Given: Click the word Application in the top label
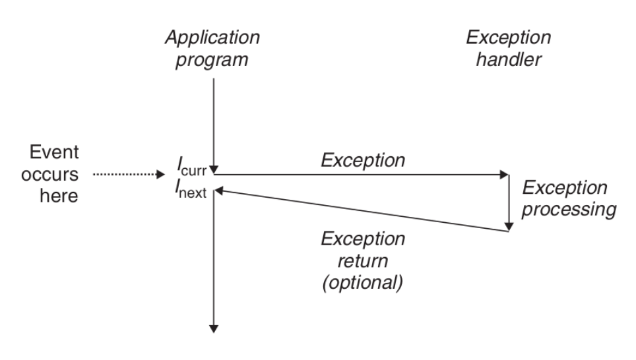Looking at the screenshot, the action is pyautogui.click(x=212, y=38).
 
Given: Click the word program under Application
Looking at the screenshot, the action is pyautogui.click(x=211, y=60).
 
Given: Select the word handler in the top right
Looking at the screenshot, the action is pyautogui.click(x=509, y=59).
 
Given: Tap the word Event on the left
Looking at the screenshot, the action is pyautogui.click(x=54, y=152).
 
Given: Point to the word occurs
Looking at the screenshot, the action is pyautogui.click(x=49, y=175).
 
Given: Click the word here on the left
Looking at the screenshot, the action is pyautogui.click(x=59, y=196).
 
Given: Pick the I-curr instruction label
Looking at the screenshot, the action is pyautogui.click(x=192, y=167).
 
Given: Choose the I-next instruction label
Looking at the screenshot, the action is pyautogui.click(x=191, y=189).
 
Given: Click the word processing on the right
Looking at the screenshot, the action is pyautogui.click(x=569, y=210).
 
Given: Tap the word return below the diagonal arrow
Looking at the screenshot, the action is pyautogui.click(x=363, y=260).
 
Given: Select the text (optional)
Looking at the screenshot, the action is pyautogui.click(x=363, y=283).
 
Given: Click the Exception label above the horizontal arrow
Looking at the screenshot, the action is pyautogui.click(x=363, y=160).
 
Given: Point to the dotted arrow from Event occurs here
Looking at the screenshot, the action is pyautogui.click(x=129, y=174).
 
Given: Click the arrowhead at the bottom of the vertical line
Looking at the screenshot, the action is pyautogui.click(x=213, y=329).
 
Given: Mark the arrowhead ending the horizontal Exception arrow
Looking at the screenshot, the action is pyautogui.click(x=504, y=175).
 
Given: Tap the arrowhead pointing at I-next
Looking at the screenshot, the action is pyautogui.click(x=218, y=191).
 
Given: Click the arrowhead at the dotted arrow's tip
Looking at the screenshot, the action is pyautogui.click(x=160, y=174).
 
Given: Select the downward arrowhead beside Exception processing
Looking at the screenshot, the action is pyautogui.click(x=509, y=227).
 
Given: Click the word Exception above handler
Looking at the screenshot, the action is pyautogui.click(x=508, y=38).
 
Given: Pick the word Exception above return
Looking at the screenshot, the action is pyautogui.click(x=363, y=239).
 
